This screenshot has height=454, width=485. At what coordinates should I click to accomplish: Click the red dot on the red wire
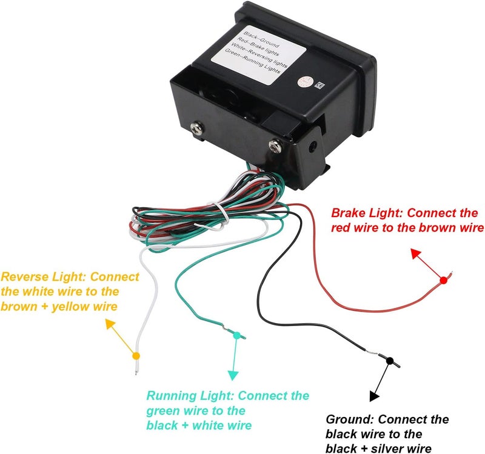coord(444,281)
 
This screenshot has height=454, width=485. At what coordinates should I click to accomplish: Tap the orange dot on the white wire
coord(136,356)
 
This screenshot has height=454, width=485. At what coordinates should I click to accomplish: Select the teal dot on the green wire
coord(236,335)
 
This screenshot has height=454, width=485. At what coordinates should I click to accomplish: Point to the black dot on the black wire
coord(390,361)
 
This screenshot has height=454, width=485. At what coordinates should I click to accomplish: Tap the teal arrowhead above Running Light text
coord(233,375)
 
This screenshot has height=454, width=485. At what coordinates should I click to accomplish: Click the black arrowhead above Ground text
coord(374,396)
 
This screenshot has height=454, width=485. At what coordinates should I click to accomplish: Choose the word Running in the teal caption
coord(172,396)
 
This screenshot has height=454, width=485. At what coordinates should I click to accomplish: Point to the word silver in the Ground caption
coord(386,449)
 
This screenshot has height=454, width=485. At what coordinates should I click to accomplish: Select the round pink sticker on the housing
coord(304,82)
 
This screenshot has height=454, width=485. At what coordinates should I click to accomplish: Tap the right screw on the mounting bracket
coord(275,146)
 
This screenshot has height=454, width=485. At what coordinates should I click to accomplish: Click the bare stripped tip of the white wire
coord(136,368)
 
